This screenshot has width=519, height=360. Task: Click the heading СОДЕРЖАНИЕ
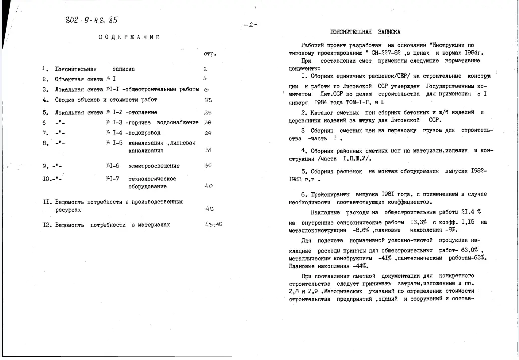(129, 37)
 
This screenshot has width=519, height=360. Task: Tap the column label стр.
(210, 53)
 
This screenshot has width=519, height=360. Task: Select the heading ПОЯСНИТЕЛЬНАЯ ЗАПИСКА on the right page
(365, 32)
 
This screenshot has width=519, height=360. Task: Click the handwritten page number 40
(209, 186)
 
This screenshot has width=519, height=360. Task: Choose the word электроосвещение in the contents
(154, 166)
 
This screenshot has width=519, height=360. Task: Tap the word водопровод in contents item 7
(146, 133)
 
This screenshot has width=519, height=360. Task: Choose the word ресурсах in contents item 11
(68, 210)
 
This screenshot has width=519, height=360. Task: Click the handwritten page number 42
(209, 208)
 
